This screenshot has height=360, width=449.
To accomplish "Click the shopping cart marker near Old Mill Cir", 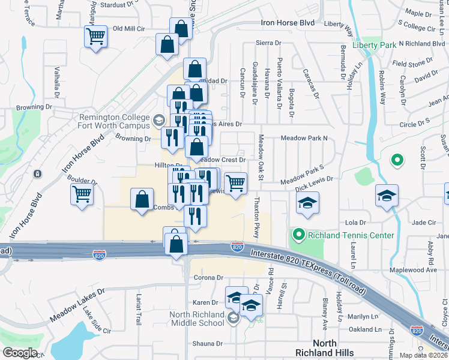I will pos(95,37).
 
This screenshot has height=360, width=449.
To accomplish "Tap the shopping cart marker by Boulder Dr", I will pos(81,194).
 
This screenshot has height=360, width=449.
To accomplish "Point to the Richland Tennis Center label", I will pos(351,235).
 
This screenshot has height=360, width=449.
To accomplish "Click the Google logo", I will pos(20,352).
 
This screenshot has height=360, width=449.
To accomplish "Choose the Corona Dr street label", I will pos(208,278).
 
